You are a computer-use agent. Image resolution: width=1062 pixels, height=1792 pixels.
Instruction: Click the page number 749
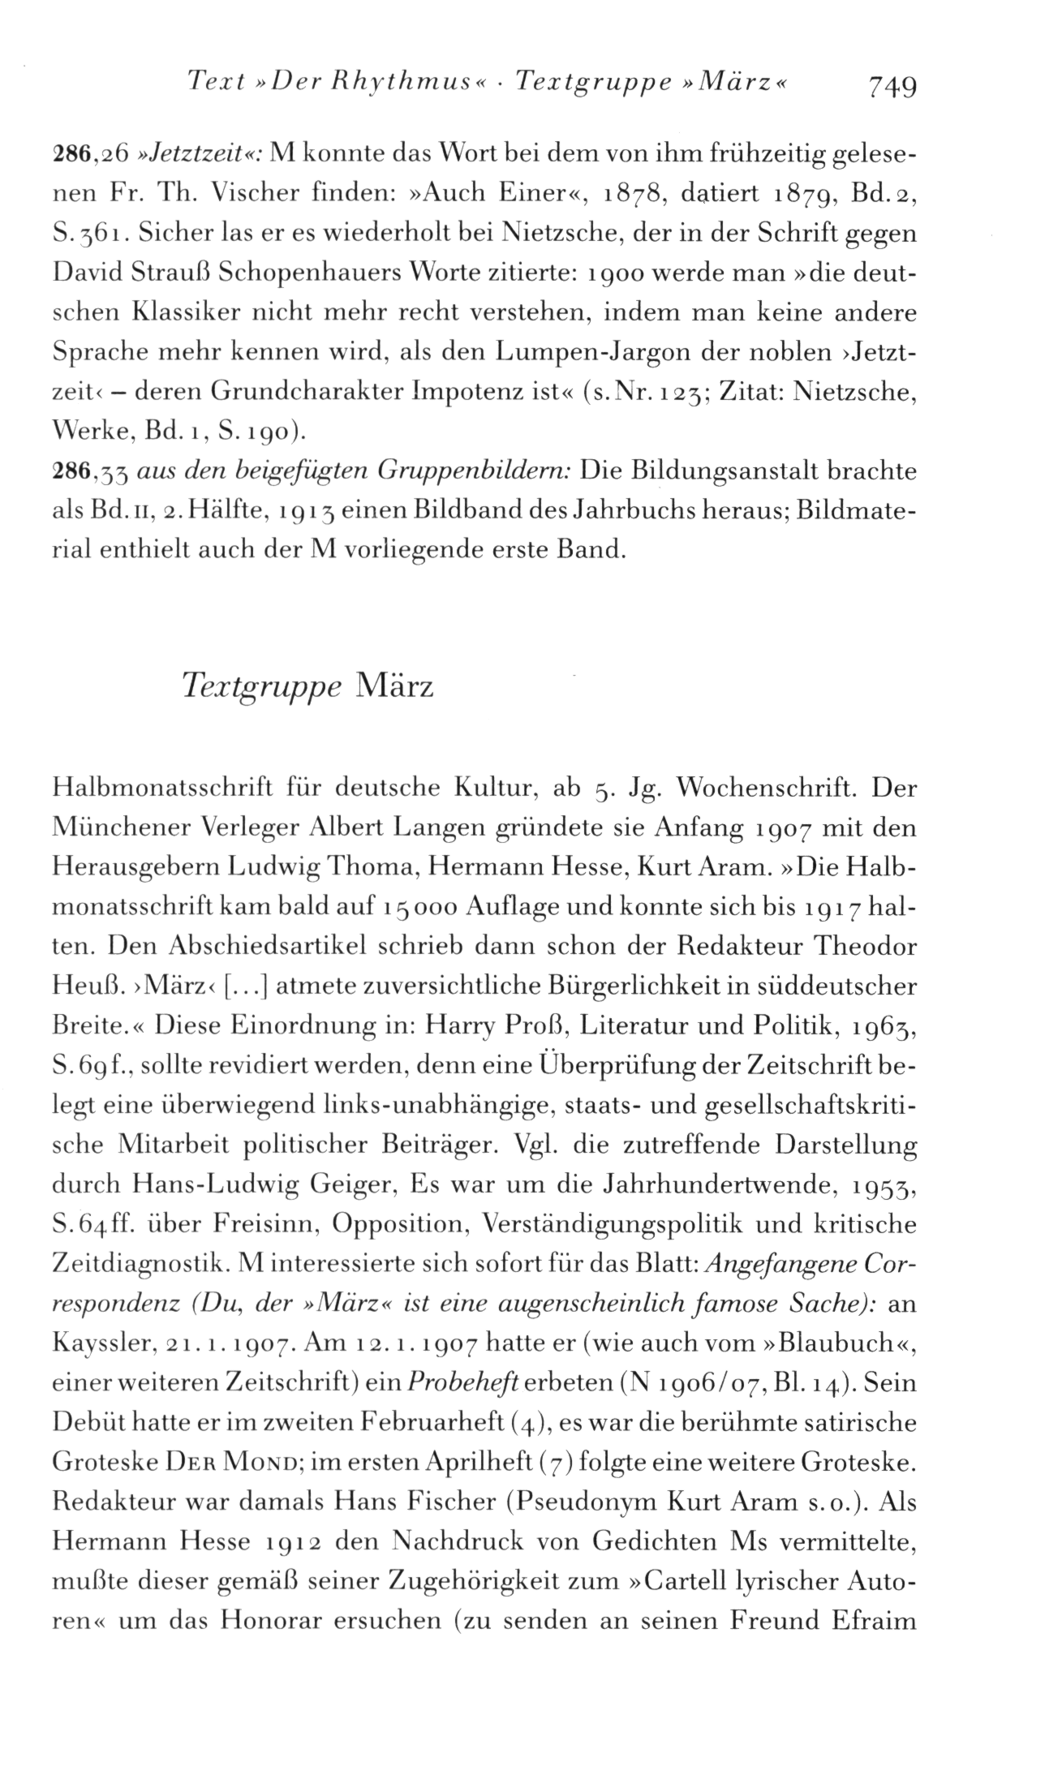pos(892,84)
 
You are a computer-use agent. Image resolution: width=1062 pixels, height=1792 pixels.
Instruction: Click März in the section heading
pos(396,686)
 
